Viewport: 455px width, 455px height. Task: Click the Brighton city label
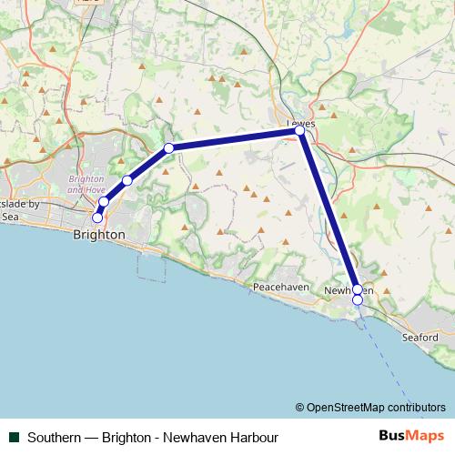tap(97, 234)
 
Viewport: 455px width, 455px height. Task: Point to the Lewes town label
tap(299, 122)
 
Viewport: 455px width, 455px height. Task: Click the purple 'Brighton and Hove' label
tap(87, 184)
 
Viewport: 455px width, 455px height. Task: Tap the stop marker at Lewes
tap(299, 131)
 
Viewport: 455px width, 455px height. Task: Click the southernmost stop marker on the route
tap(358, 299)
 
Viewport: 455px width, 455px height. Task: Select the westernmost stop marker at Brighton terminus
tap(97, 217)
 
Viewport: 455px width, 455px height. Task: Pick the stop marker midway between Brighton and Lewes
tap(168, 147)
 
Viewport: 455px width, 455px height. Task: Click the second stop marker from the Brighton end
tap(105, 202)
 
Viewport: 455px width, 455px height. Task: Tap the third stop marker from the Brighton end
tap(127, 180)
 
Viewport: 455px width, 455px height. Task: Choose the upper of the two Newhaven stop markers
tap(357, 289)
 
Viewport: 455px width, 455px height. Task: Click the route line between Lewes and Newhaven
tap(328, 209)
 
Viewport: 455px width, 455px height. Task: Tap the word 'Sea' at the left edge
tap(10, 217)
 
